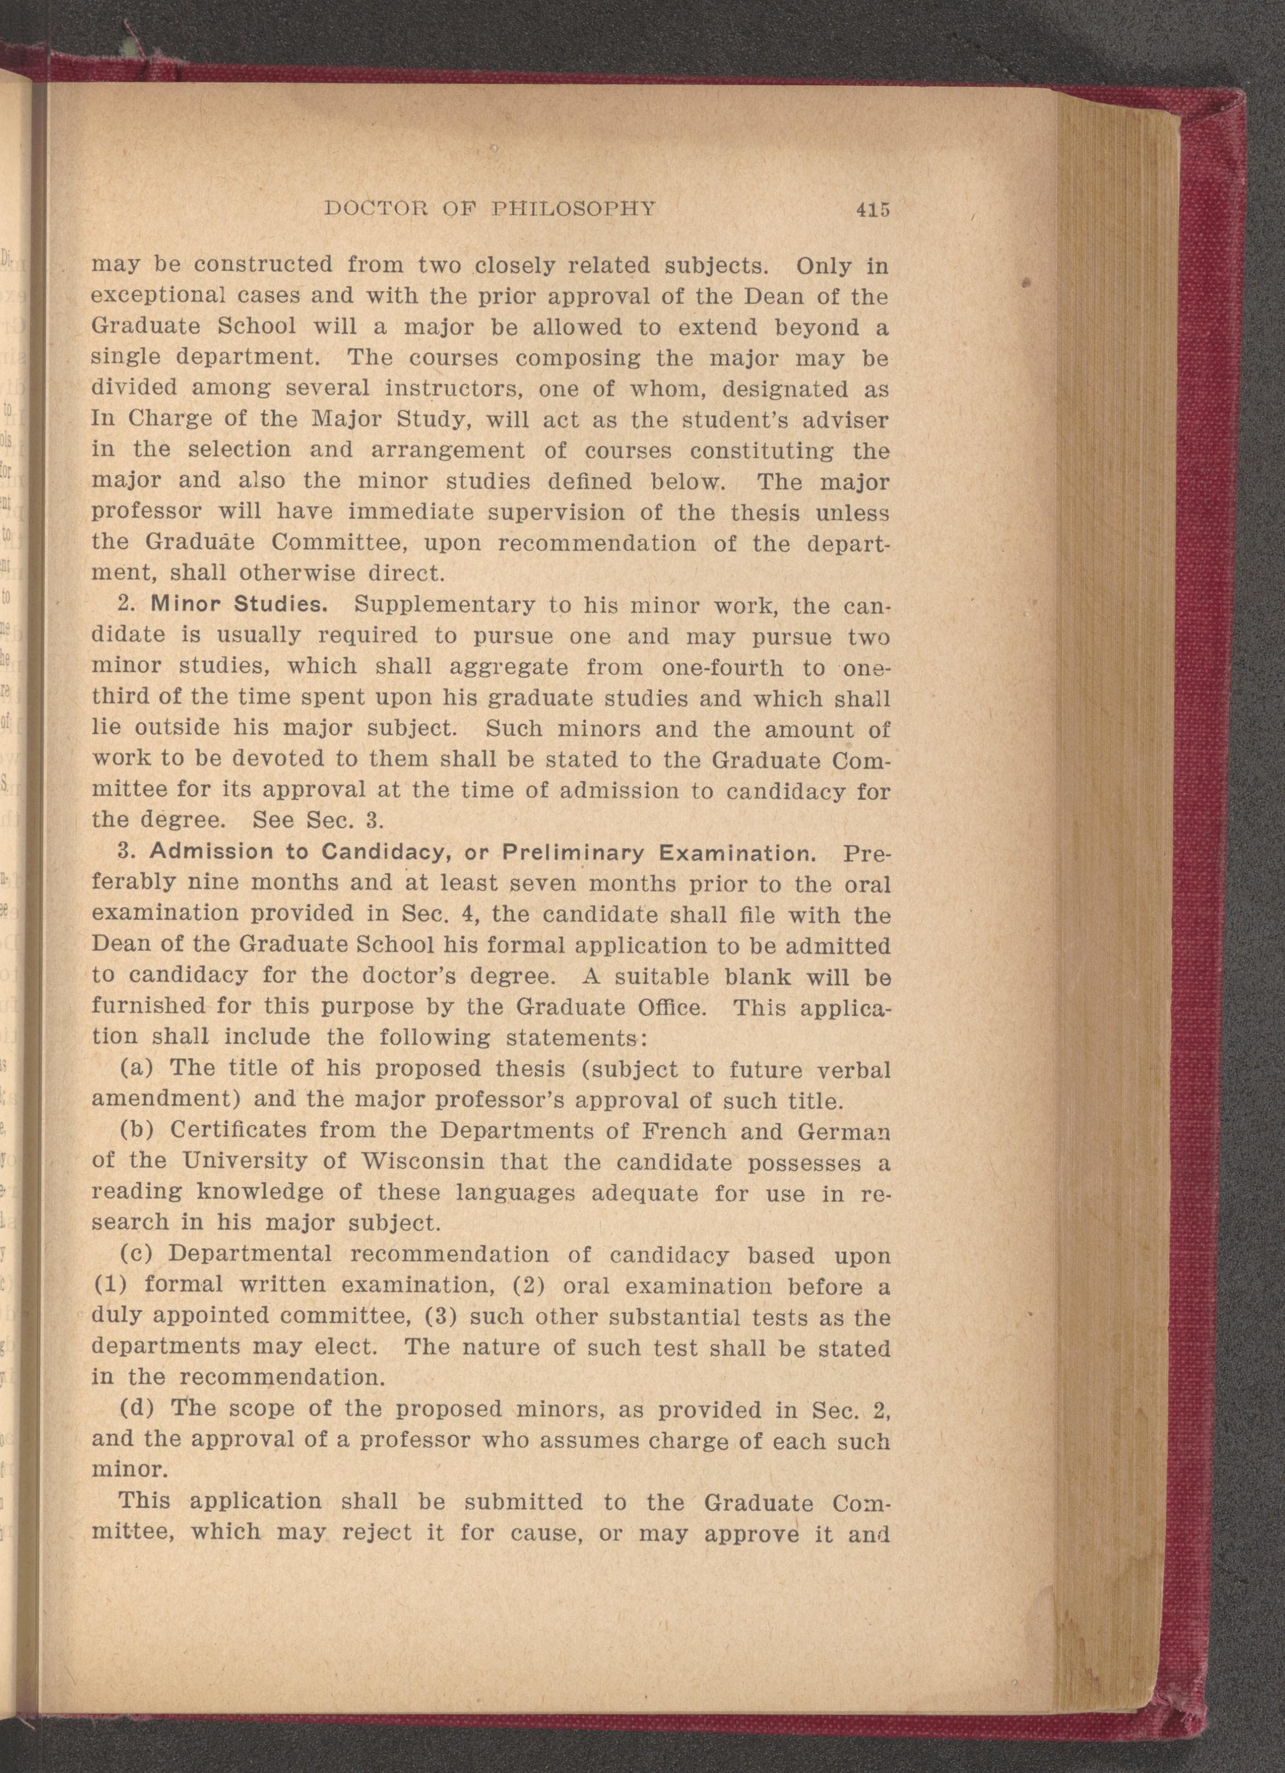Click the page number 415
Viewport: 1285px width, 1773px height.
coord(873,210)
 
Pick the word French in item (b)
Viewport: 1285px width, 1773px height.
coord(683,1130)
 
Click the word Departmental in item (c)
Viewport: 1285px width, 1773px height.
coord(250,1253)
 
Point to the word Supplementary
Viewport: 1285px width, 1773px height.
coord(444,605)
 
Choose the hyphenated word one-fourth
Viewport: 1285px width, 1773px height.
coord(722,668)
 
